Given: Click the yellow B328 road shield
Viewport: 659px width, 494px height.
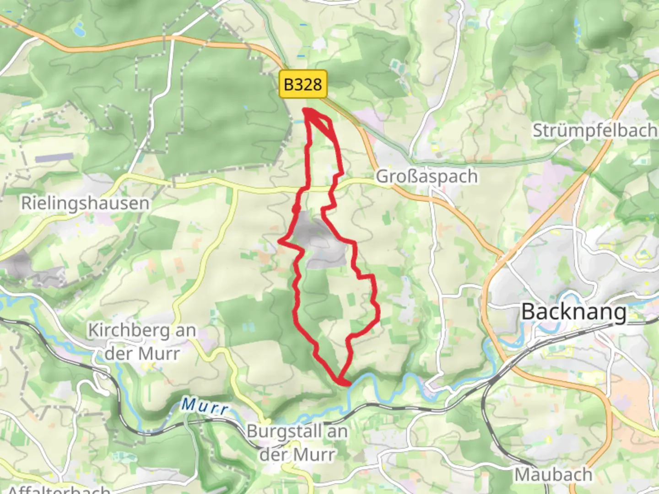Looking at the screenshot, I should click(303, 84).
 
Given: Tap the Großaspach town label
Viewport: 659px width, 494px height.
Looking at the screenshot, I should click(427, 177).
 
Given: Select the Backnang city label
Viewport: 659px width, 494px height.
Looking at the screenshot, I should click(574, 312).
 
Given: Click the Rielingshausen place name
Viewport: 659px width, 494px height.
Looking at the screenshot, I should click(86, 204).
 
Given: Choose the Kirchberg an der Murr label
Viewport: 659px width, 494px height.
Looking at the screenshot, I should click(142, 342).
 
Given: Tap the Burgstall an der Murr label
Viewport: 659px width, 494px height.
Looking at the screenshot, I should click(297, 443).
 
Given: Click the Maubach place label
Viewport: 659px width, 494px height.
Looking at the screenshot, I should click(553, 475).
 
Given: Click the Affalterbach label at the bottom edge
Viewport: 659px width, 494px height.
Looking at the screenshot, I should click(59, 489).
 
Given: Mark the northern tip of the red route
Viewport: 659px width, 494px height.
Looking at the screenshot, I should click(305, 110).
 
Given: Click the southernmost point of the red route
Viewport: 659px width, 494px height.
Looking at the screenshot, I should click(341, 381).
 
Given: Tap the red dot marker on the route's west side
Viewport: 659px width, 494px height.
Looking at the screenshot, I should click(296, 209).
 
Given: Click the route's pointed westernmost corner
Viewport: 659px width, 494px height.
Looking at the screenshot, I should click(280, 241).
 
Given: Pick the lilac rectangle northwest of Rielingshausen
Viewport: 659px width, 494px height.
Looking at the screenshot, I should click(54, 158).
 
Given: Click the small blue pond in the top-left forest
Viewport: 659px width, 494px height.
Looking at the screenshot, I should click(78, 31).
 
